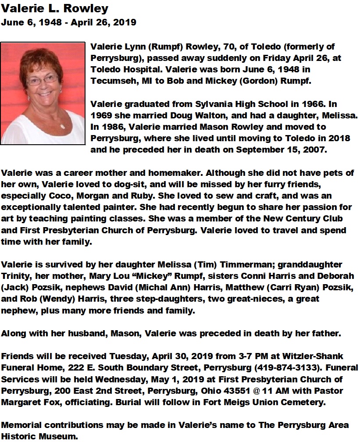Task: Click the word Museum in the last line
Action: (x=63, y=435)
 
